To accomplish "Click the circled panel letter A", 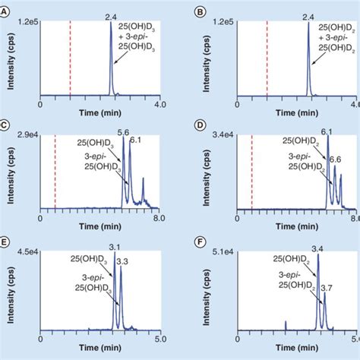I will (6, 13).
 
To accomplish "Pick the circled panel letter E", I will (6, 242).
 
